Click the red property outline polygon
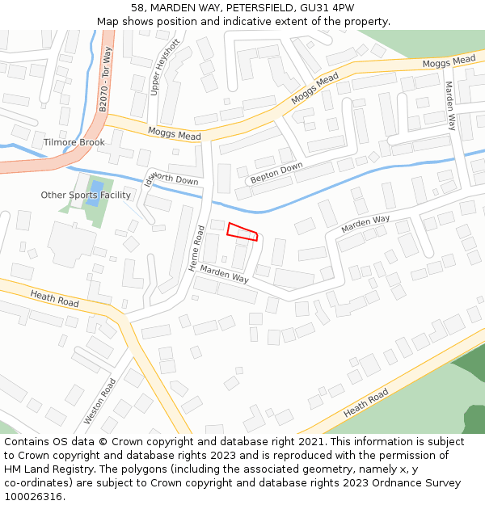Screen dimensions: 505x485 [x=242, y=232]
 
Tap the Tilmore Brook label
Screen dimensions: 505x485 [x=74, y=142]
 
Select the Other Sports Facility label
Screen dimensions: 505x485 [x=86, y=196]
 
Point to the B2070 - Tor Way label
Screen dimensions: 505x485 [x=104, y=79]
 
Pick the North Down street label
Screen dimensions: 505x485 [x=175, y=179]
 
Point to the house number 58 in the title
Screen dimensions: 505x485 [x=137, y=8]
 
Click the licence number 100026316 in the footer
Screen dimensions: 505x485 [x=34, y=497]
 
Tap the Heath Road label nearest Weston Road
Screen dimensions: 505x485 [x=55, y=298]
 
